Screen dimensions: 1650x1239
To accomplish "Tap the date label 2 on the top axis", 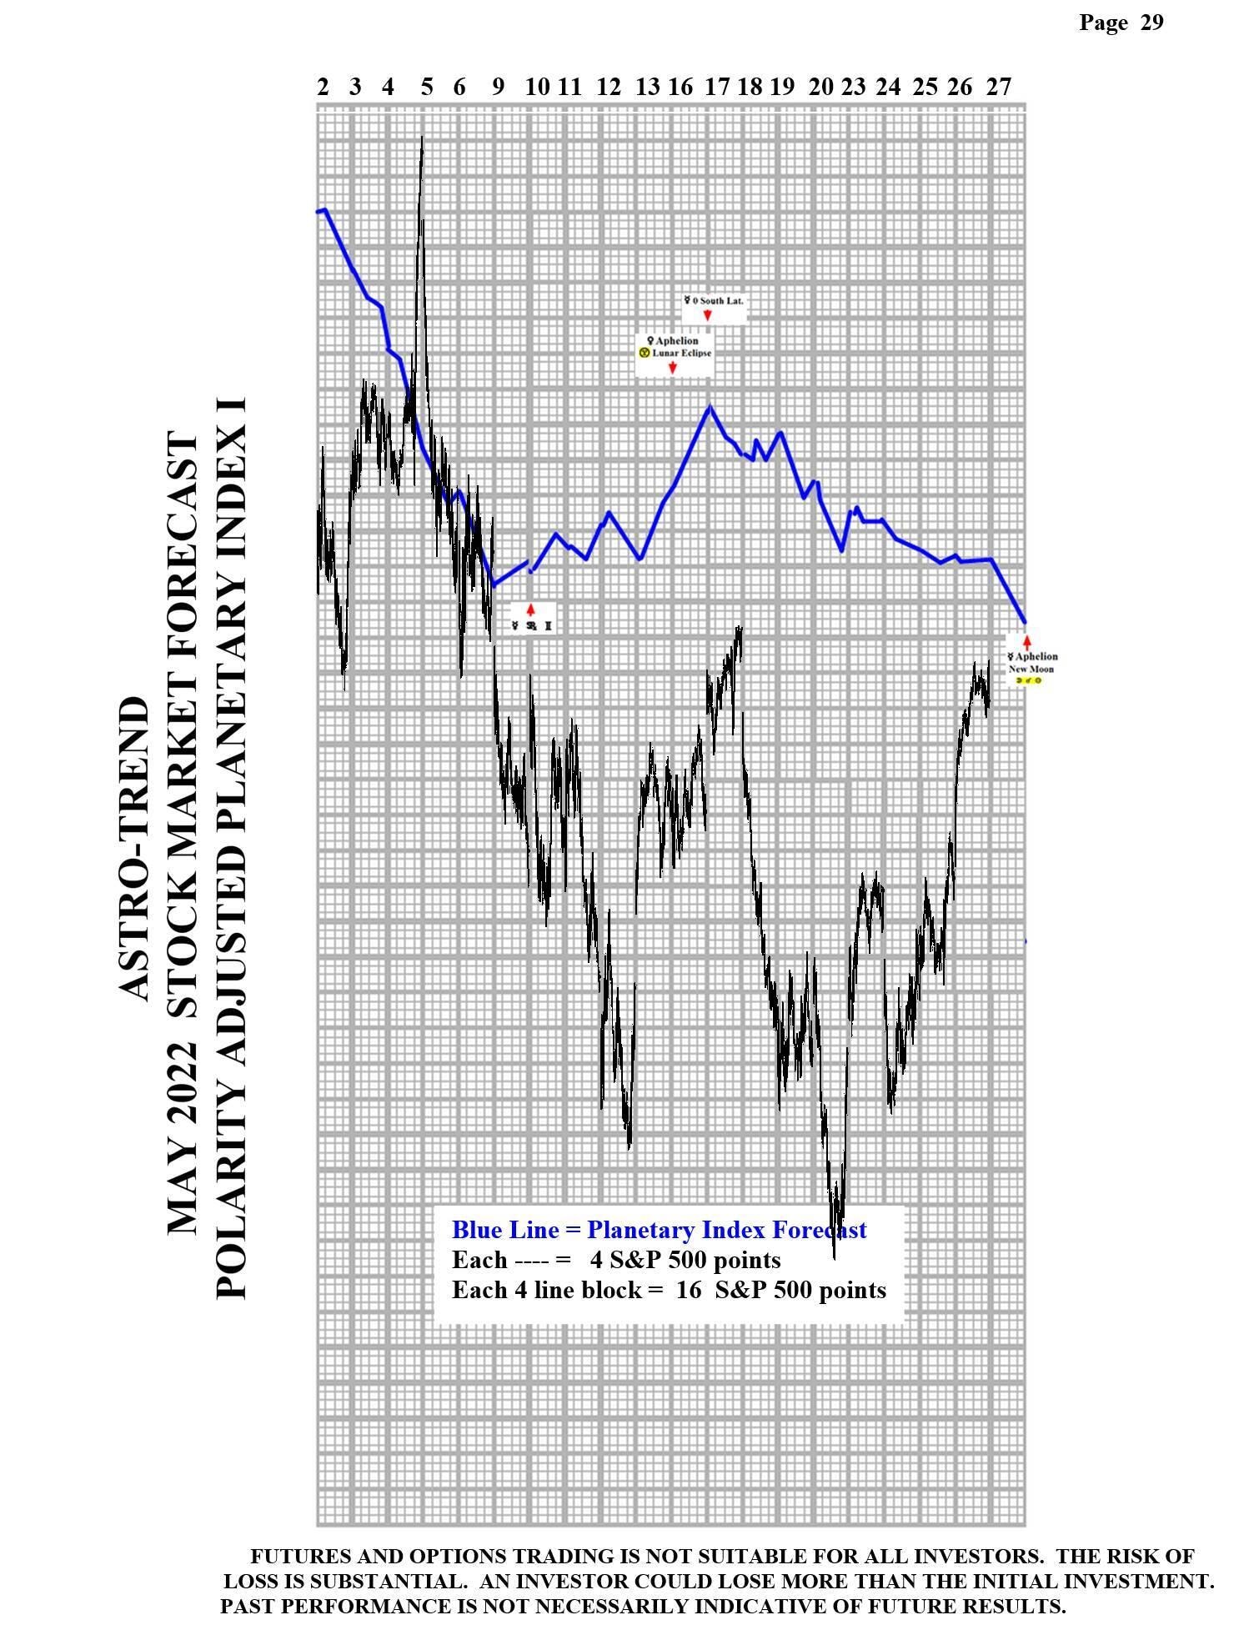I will click(x=323, y=87).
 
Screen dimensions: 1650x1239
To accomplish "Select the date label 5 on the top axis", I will click(x=427, y=87).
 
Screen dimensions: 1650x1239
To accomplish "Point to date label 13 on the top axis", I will click(x=647, y=87).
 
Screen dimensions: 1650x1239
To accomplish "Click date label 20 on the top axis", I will click(x=821, y=87).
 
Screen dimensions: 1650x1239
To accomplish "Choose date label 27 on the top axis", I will click(x=998, y=87).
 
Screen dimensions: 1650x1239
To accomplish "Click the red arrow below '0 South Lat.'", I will click(x=707, y=315).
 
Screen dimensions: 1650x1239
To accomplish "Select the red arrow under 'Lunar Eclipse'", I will click(x=672, y=367).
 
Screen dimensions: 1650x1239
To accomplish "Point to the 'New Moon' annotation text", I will click(x=1031, y=669).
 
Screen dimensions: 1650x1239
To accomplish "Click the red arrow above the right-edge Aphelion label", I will click(x=1026, y=642).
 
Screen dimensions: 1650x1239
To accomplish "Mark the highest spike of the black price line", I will click(x=422, y=138).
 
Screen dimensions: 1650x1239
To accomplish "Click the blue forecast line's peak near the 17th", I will click(x=710, y=407).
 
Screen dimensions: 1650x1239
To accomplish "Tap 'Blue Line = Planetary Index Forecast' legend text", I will click(x=659, y=1230).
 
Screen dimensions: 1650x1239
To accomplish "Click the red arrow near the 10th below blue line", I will click(x=530, y=609).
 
